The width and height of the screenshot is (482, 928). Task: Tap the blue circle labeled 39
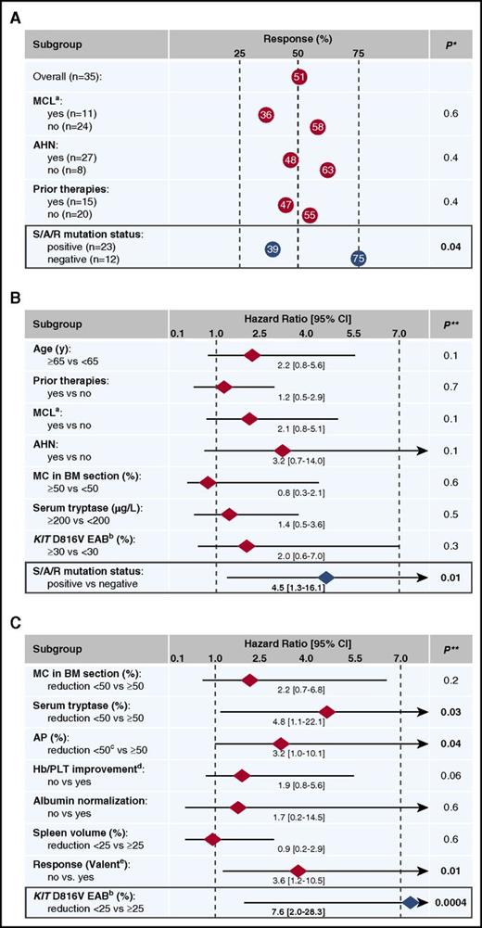coord(272,249)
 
